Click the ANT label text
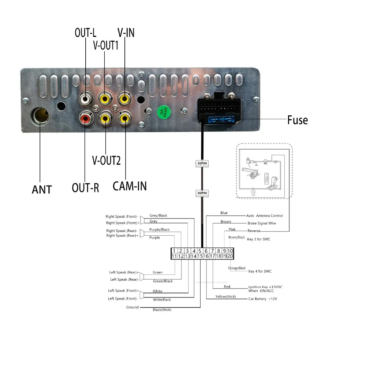[x=42, y=189]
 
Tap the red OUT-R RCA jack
[x=85, y=118]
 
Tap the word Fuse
[x=297, y=120]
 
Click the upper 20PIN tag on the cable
[x=202, y=164]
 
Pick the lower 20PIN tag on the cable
[x=202, y=193]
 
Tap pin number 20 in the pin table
[x=229, y=257]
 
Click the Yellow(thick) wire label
[x=225, y=296]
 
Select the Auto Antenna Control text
[x=264, y=216]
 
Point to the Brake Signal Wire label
[x=262, y=223]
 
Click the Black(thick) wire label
[x=162, y=310]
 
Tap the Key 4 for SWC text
[x=260, y=271]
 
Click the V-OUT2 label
[x=106, y=160]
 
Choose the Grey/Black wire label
[x=158, y=216]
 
